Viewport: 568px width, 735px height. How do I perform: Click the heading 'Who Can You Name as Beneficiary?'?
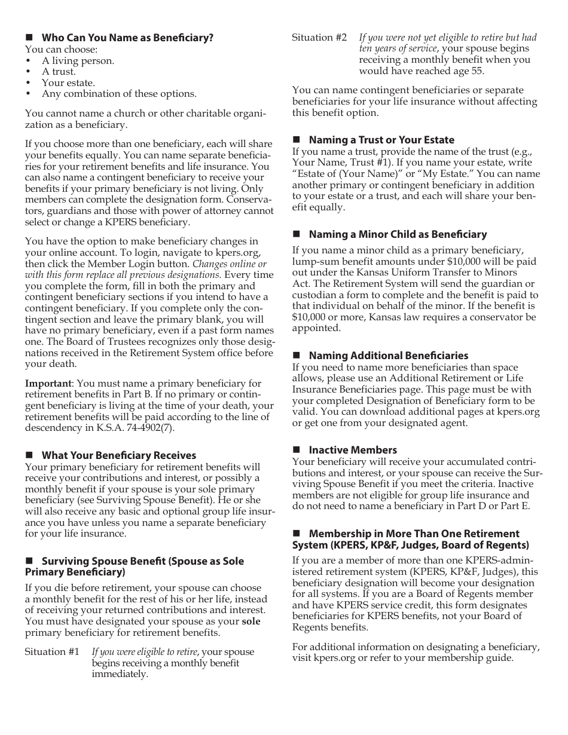point(127,38)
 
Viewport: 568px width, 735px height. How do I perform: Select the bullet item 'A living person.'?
point(78,60)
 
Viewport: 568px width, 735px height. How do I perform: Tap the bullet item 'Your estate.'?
point(68,82)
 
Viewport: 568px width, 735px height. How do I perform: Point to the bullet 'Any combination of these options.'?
point(118,94)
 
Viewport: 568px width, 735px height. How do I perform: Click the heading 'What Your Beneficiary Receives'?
point(118,455)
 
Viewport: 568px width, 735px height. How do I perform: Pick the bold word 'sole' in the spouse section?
point(251,621)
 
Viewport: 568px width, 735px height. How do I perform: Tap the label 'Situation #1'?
point(51,651)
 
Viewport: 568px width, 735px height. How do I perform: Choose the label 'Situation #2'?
point(319,38)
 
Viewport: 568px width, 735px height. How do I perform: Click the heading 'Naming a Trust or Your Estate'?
point(381,140)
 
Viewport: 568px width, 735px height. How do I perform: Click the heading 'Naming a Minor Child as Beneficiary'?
point(398,234)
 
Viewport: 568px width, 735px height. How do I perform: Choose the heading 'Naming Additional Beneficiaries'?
point(389,356)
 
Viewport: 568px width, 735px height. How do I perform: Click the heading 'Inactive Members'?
point(353,450)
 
